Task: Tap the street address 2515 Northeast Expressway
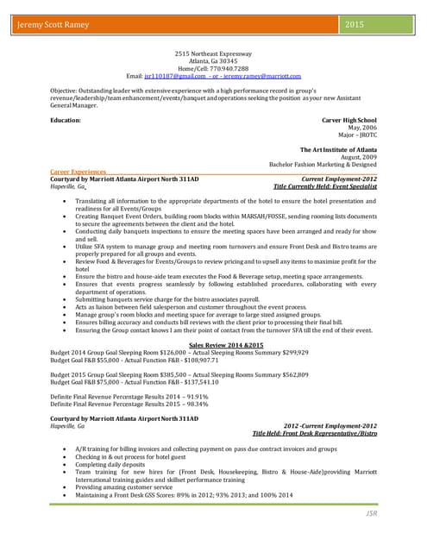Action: [x=212, y=53]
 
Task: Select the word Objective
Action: [x=64, y=90]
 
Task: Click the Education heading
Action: [x=66, y=120]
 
